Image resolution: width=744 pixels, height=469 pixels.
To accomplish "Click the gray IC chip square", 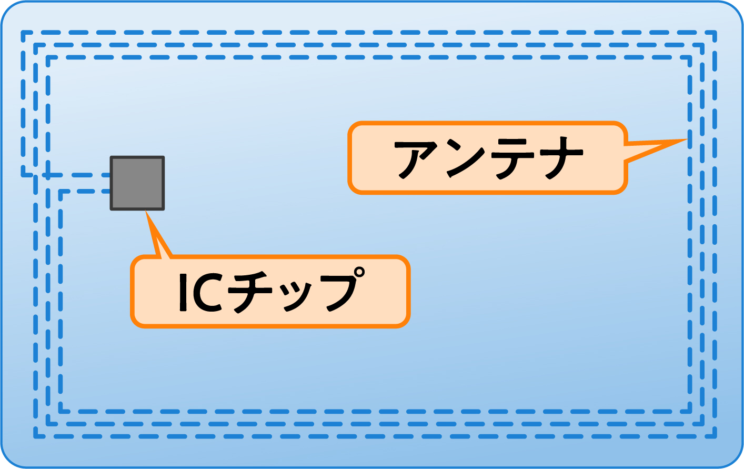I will pyautogui.click(x=137, y=183).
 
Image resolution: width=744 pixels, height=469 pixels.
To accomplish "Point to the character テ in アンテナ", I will pyautogui.click(x=514, y=158).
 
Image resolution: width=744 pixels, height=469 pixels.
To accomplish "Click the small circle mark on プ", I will pyautogui.click(x=359, y=273).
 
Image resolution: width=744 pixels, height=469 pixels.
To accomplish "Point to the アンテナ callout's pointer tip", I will pyautogui.click(x=686, y=140).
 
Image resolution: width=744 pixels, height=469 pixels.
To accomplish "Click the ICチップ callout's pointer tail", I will pyautogui.click(x=148, y=214).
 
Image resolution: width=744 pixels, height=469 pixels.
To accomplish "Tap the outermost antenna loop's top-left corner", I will pyautogui.click(x=23, y=33).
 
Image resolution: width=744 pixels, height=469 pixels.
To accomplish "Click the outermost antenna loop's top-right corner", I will pyautogui.click(x=715, y=33).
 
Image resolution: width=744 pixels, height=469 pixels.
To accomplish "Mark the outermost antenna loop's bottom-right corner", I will pyautogui.click(x=715, y=436).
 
